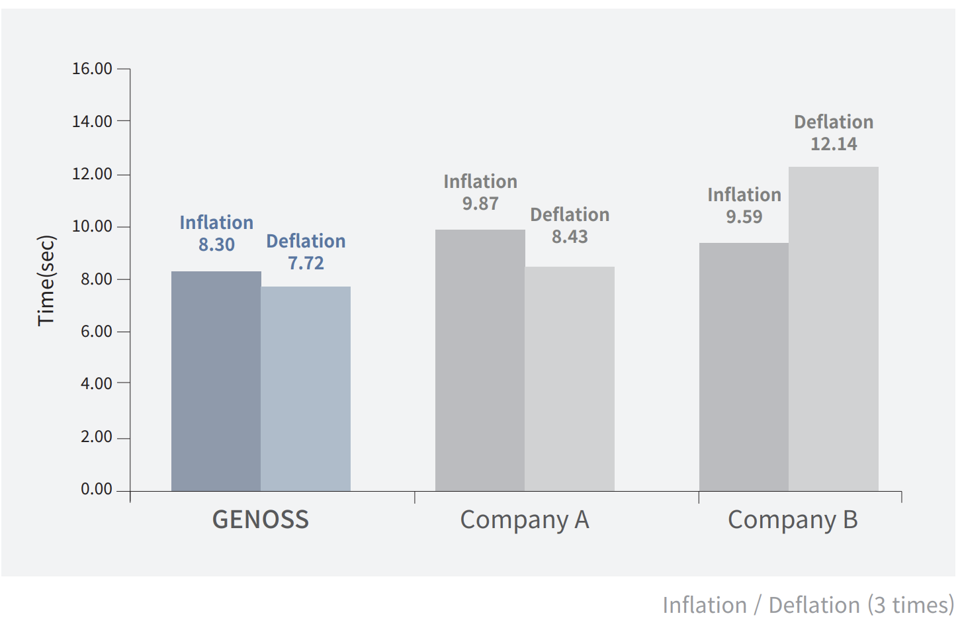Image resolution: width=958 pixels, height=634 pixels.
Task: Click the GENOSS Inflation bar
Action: (216, 381)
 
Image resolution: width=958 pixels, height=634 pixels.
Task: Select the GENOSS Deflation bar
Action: (306, 389)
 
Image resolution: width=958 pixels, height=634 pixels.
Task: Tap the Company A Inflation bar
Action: (480, 361)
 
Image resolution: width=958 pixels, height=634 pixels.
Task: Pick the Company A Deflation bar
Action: (570, 379)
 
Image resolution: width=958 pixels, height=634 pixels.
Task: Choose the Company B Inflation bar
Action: (744, 367)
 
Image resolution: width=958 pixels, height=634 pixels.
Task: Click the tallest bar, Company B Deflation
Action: (834, 329)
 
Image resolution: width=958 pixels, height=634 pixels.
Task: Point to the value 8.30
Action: (216, 245)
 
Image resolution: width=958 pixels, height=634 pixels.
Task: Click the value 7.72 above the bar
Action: (306, 263)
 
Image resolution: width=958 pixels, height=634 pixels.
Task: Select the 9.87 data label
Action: (480, 204)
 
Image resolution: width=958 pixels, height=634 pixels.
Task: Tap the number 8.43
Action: (570, 237)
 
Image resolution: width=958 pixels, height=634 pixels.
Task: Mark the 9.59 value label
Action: (744, 217)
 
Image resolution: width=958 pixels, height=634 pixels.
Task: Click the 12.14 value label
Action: (834, 144)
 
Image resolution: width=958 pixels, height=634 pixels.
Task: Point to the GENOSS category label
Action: (260, 520)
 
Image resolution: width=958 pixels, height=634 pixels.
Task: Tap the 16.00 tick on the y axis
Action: (92, 69)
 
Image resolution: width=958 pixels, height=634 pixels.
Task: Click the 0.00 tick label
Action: (97, 490)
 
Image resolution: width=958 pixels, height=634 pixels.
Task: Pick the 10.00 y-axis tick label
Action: (92, 226)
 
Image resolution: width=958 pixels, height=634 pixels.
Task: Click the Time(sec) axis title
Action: (46, 281)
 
